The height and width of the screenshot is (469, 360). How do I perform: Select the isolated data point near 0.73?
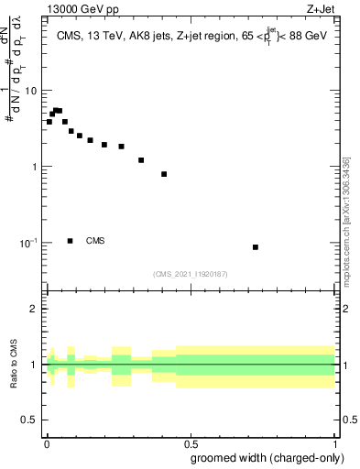tap(256, 247)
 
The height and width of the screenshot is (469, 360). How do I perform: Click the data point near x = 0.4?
tap(164, 174)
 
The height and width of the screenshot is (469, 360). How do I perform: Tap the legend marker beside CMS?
tap(71, 241)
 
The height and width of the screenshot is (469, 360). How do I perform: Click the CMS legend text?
tap(95, 241)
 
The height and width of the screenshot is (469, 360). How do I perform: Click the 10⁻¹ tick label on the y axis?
tap(28, 244)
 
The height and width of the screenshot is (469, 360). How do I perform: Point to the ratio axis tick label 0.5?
tap(28, 420)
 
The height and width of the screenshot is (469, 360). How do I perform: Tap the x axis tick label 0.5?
tap(190, 444)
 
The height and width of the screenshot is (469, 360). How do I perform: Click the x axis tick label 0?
tap(46, 444)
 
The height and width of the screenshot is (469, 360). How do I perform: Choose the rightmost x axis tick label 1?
tap(334, 444)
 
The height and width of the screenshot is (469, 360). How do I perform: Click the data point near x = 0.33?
tap(141, 160)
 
